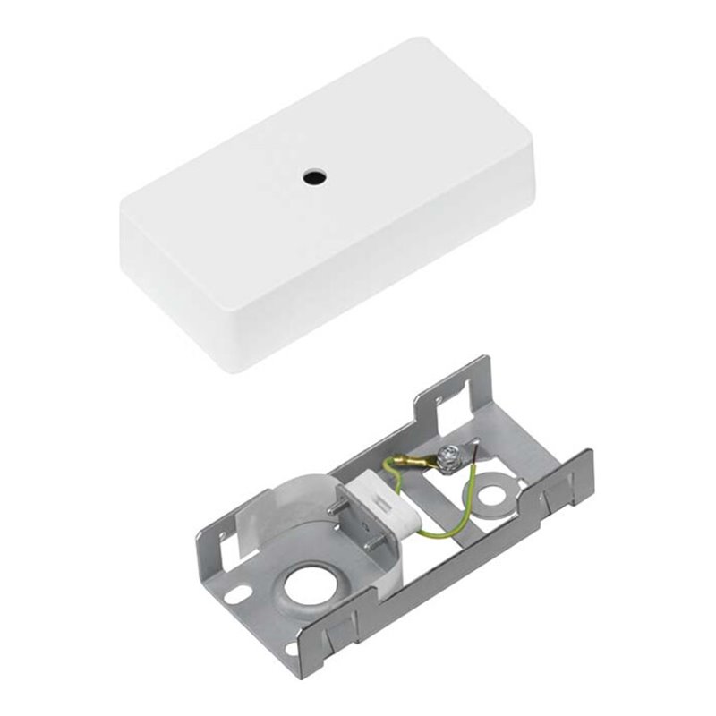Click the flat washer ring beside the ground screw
(490, 495)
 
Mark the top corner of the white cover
(439, 41)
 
